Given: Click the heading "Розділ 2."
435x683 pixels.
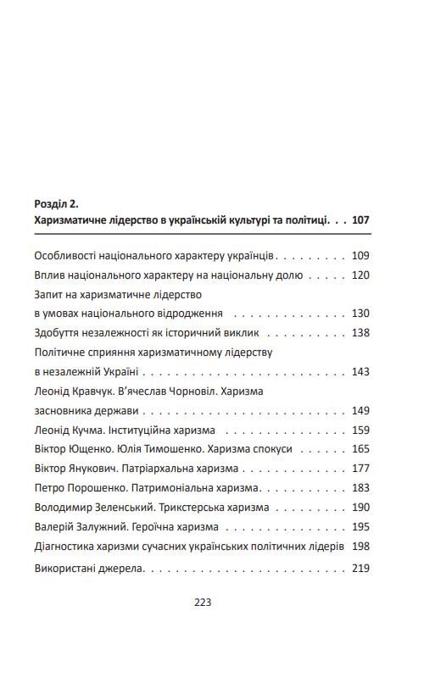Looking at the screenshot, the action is click(56, 203).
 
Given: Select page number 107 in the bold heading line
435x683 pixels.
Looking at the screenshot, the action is click(360, 220).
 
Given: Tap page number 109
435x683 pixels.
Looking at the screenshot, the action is click(360, 255).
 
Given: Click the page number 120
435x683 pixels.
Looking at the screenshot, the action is click(360, 275).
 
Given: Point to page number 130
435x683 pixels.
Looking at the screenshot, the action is click(360, 313).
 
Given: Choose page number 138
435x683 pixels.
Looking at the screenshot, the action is click(360, 332).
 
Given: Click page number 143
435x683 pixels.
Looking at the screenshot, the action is click(360, 371).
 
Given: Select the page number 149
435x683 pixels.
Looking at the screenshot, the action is click(360, 410).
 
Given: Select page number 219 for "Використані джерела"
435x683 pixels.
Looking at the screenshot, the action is click(360, 568).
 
